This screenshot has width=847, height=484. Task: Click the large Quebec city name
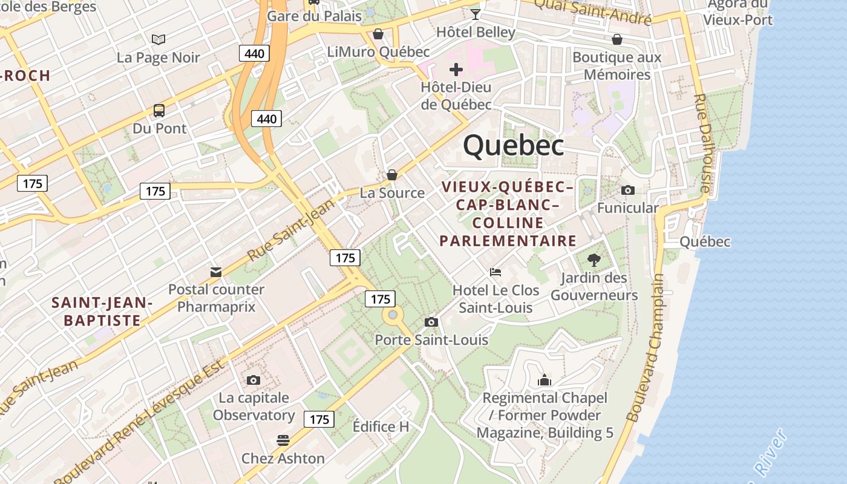click(x=514, y=146)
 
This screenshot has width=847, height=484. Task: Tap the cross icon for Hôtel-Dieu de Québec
click(x=456, y=70)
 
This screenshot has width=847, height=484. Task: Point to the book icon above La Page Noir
click(x=159, y=40)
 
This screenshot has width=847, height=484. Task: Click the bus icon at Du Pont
click(x=159, y=111)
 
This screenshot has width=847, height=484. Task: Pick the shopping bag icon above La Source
click(x=392, y=175)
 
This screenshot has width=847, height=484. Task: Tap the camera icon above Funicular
click(x=628, y=190)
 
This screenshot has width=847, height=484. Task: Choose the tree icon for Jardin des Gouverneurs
click(x=594, y=260)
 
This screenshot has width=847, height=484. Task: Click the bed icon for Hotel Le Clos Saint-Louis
click(x=495, y=272)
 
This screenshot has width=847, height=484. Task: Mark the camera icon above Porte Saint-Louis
click(x=431, y=322)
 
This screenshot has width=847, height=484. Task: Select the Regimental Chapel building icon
click(x=544, y=380)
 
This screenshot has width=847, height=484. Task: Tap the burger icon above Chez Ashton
click(x=283, y=440)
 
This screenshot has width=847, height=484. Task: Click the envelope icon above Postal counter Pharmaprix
click(x=216, y=272)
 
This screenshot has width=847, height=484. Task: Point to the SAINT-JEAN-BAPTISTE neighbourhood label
click(x=102, y=311)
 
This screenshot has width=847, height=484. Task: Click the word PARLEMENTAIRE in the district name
click(x=508, y=241)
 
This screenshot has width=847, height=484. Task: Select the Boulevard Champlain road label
click(x=646, y=348)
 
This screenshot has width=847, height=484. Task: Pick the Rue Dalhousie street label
click(x=702, y=143)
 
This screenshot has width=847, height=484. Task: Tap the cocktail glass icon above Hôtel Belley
click(x=476, y=14)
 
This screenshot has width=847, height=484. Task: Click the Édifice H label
click(x=381, y=427)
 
